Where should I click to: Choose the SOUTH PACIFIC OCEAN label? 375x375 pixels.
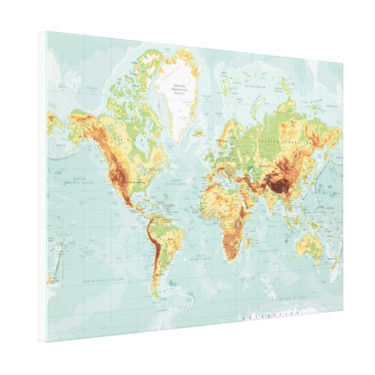103,280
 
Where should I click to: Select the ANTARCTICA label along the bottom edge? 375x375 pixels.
270,315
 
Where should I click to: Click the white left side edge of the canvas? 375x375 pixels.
42,187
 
